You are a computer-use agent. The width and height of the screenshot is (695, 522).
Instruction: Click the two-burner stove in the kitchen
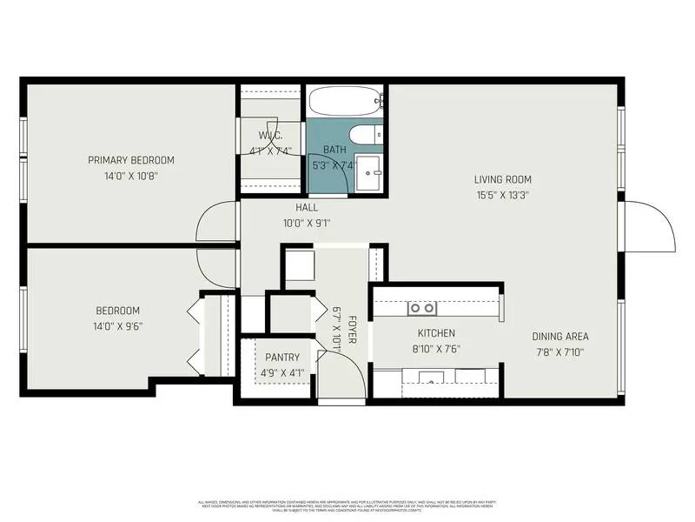422,308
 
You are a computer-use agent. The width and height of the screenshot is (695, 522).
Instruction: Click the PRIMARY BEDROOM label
131,160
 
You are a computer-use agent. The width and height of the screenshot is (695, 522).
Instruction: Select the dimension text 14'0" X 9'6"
118,327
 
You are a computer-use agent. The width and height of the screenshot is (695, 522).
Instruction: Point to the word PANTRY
282,358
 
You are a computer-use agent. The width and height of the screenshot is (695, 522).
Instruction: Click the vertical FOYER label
352,330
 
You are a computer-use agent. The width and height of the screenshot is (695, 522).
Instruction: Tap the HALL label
307,208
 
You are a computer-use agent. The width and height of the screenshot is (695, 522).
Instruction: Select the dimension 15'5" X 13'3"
501,196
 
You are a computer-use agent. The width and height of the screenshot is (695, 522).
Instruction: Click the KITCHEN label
436,333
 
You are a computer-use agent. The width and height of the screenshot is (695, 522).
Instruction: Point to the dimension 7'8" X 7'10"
560,352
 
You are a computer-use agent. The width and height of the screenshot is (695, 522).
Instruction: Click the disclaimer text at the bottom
347,505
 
